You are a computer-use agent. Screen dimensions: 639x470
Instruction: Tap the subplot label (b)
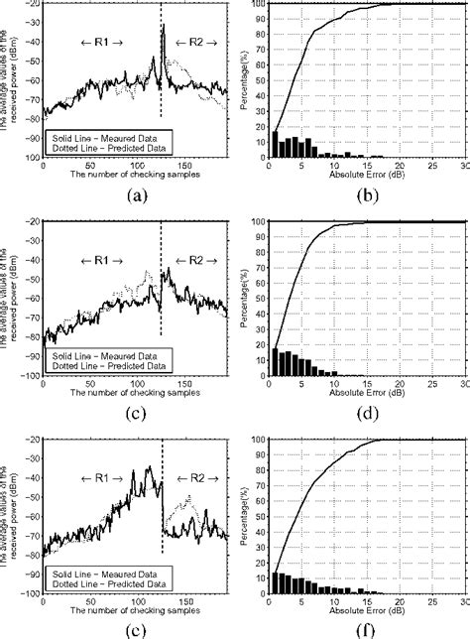[x=366, y=195]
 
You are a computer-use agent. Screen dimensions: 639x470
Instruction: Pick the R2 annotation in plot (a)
[x=188, y=45]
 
